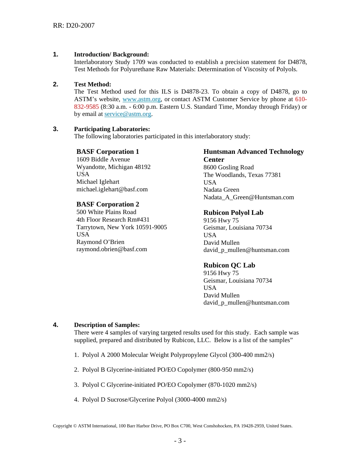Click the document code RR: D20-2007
74,25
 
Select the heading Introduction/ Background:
111,55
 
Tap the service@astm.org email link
128,114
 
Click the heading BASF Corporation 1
108,152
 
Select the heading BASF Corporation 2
108,204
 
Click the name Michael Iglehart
98,182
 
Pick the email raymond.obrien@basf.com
112,249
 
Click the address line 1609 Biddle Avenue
103,160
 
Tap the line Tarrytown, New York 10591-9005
122,227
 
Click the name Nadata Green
221,190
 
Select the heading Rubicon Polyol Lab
233,213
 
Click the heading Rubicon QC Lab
229,265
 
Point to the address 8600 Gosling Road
229,167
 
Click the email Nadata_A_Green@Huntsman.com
249,197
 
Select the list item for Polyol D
150,399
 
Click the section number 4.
56,325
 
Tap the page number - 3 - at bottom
180,441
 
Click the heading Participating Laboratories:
112,129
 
